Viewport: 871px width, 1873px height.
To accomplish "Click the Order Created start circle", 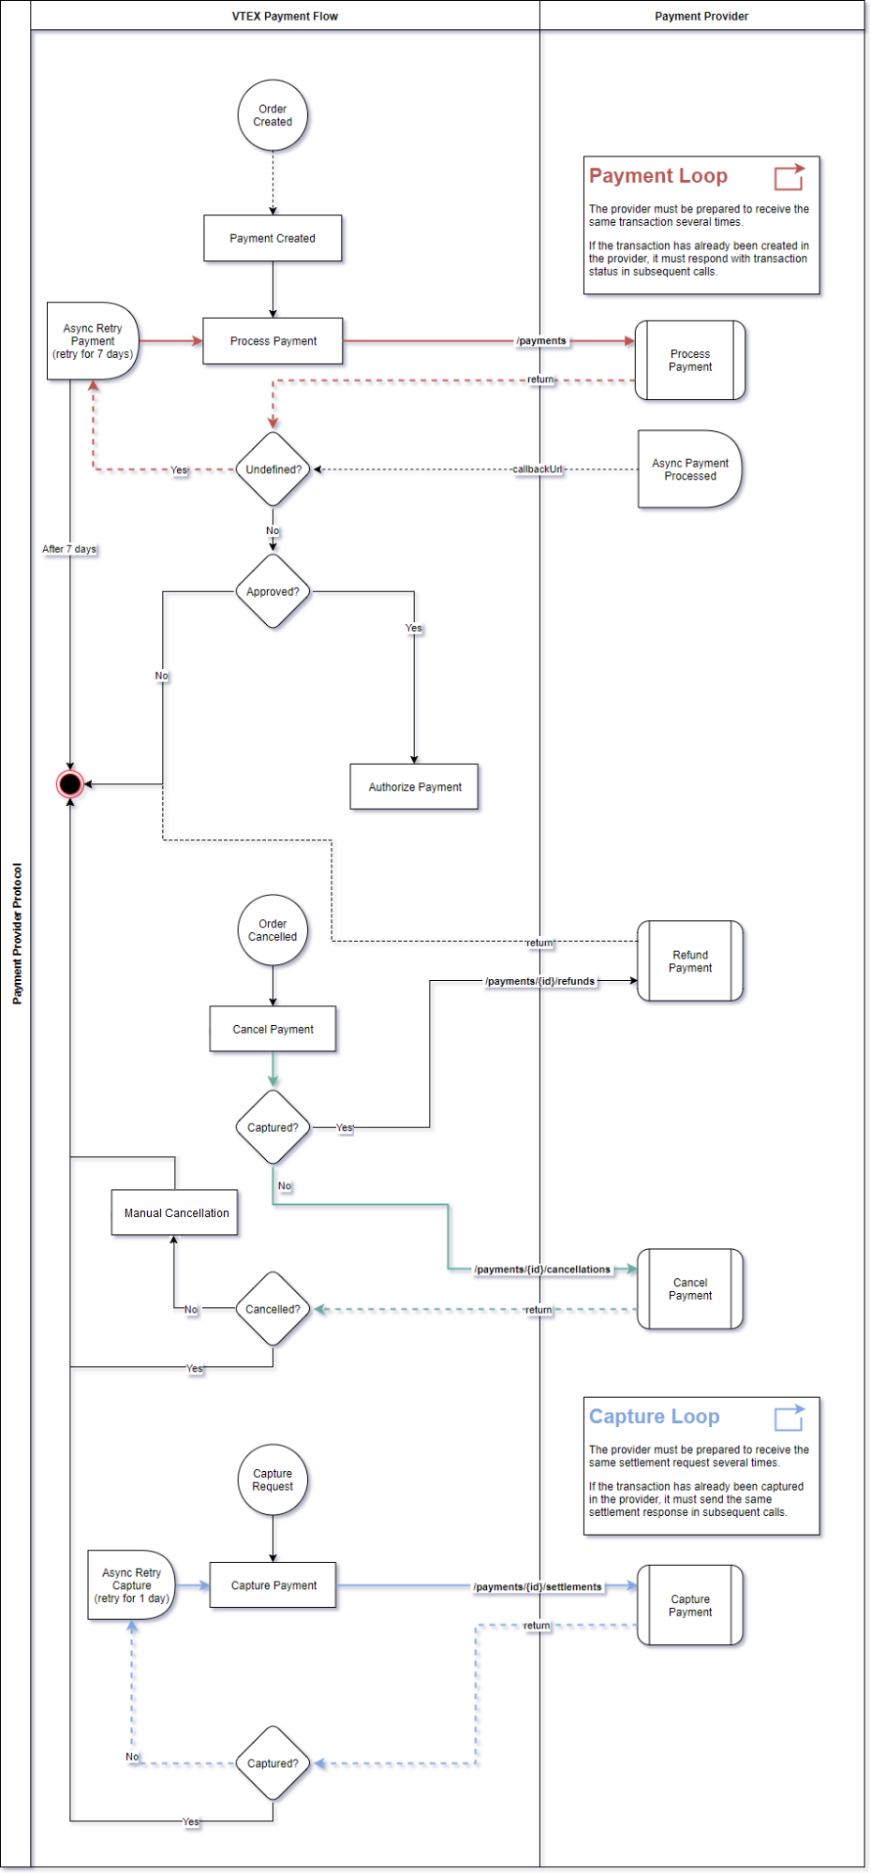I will (x=273, y=115).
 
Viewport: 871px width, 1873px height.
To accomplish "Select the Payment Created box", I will (x=273, y=238).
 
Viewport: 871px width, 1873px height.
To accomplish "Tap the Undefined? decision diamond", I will (x=273, y=469).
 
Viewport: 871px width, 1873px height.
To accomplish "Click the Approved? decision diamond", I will (x=273, y=591).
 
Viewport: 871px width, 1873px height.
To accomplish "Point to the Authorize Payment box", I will (x=414, y=787).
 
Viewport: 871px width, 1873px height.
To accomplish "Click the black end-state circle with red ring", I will (x=70, y=783).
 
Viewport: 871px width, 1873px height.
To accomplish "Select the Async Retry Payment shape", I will (x=92, y=341).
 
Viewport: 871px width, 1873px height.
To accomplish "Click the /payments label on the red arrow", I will (x=541, y=341).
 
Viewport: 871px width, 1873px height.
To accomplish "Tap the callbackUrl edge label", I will (x=538, y=469).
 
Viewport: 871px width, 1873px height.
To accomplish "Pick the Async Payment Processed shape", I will (x=689, y=469).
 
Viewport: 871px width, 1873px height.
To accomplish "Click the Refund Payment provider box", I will (x=689, y=961).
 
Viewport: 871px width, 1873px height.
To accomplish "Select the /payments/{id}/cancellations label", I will (x=541, y=1270).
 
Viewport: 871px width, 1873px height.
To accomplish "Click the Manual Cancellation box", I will (x=176, y=1212).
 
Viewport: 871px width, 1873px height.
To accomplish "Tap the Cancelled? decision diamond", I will (x=273, y=1309).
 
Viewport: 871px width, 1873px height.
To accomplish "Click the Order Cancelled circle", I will (x=273, y=929).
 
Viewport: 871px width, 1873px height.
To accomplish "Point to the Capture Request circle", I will (x=273, y=1479).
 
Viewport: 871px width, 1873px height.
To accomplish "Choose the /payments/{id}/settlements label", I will (x=538, y=1586).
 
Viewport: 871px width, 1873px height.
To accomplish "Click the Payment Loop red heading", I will (x=657, y=176).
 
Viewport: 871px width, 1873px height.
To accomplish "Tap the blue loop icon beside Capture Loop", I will (x=789, y=1417).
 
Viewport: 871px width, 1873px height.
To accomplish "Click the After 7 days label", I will (x=69, y=549).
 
